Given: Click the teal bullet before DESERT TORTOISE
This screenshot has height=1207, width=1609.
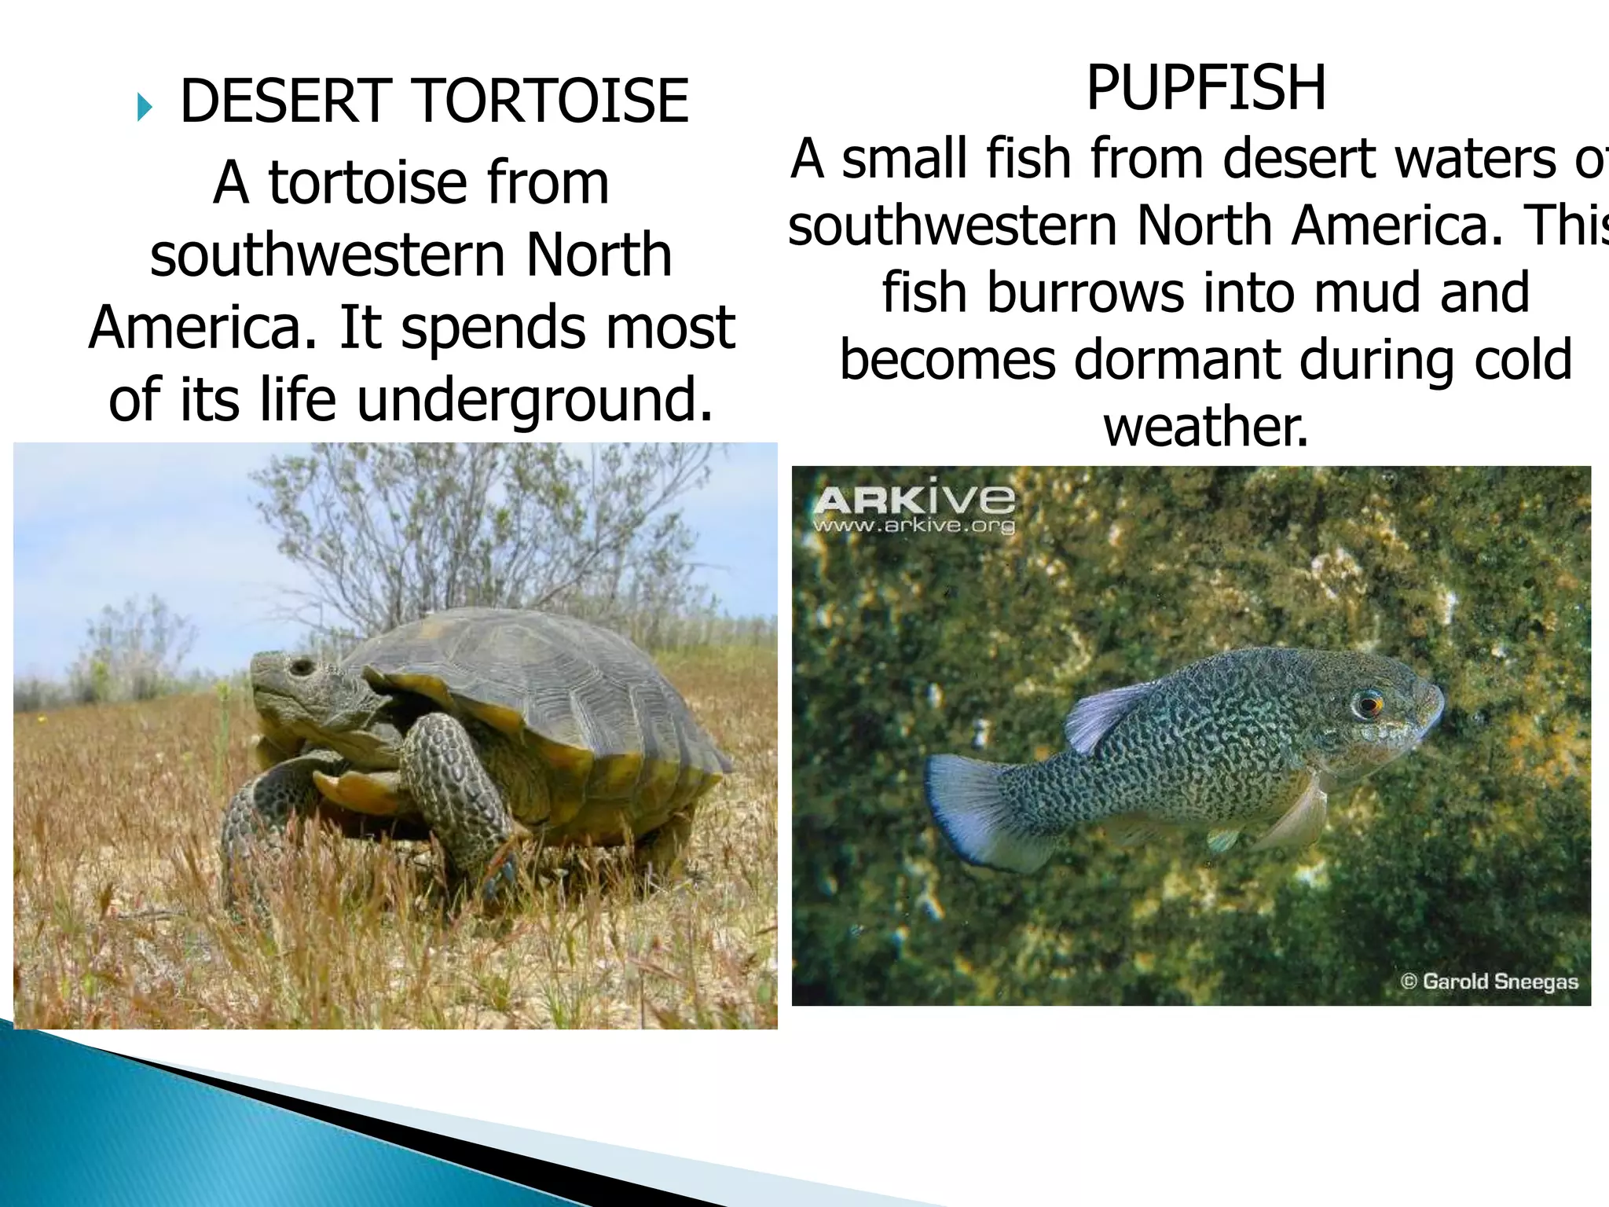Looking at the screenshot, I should [x=145, y=107].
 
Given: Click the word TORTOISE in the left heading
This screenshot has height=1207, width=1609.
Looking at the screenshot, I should [x=552, y=102].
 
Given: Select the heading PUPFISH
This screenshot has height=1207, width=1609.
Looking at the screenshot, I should [x=1206, y=88].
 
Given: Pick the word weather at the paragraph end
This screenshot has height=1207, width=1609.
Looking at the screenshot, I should [x=1206, y=427].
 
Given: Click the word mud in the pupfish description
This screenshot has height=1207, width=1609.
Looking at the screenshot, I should [x=1367, y=292].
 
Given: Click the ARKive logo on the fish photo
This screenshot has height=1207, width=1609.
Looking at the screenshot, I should [x=914, y=499].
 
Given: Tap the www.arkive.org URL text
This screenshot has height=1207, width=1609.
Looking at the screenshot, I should [x=914, y=526].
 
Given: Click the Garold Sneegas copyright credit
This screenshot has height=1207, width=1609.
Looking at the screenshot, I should [x=1490, y=981].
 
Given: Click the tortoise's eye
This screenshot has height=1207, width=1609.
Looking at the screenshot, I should [x=300, y=667].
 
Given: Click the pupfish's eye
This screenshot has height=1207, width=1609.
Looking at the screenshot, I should [x=1368, y=702].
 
